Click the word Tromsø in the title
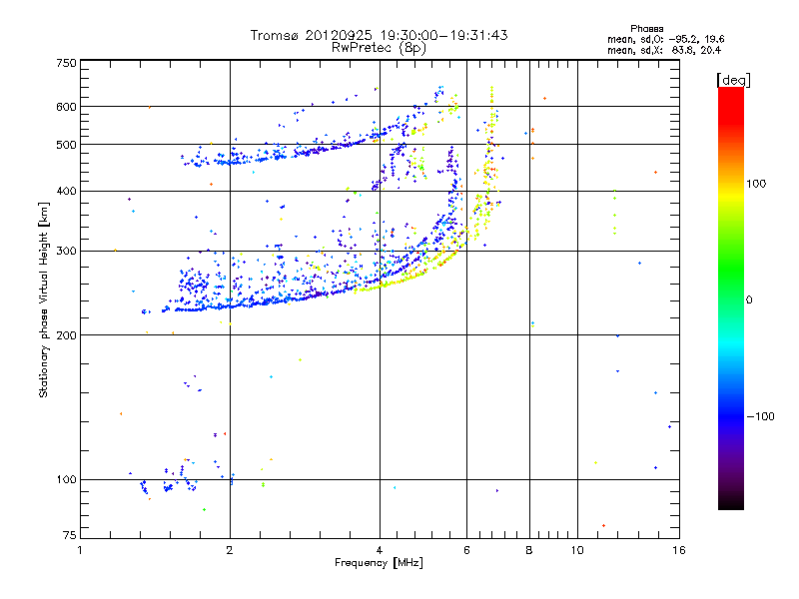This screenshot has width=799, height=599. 274,35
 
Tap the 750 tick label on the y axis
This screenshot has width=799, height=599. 66,63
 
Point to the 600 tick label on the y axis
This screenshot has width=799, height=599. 66,107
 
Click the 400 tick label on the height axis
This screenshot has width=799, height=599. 66,191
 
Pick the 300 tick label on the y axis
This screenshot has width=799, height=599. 66,252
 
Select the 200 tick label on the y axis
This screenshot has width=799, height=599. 66,335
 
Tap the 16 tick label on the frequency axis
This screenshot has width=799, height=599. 678,550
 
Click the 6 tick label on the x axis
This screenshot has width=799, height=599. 466,550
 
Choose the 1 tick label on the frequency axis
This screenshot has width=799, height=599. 81,550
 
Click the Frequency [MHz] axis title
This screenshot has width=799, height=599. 378,564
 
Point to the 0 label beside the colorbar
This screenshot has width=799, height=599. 751,299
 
